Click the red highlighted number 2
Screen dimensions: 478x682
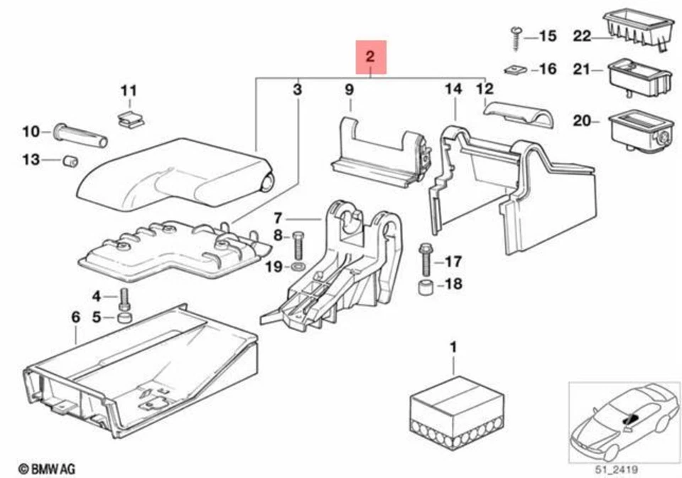click(370, 57)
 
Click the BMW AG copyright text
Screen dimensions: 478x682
click(46, 469)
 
